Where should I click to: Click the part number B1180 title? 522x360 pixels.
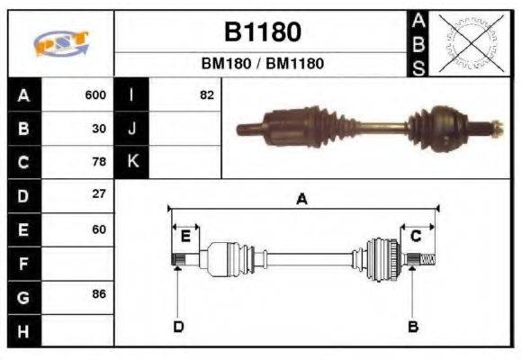tap(262, 32)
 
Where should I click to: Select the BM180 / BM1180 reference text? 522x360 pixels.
tap(262, 64)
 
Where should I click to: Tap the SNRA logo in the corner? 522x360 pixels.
tap(60, 44)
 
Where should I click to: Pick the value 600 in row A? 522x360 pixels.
tap(95, 94)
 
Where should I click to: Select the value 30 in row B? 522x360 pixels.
tap(99, 128)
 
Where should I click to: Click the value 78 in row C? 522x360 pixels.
tap(99, 162)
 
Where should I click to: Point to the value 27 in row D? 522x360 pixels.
tap(99, 194)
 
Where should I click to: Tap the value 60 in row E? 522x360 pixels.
tap(99, 229)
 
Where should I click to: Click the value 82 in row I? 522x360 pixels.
tap(207, 94)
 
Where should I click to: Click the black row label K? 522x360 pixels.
tap(131, 162)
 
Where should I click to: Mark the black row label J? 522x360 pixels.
tap(131, 128)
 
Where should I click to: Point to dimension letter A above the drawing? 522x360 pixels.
tap(301, 200)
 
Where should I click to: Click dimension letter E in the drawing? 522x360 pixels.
tap(185, 237)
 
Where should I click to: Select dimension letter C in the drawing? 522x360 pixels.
tap(416, 237)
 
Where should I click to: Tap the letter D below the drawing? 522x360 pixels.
tap(178, 326)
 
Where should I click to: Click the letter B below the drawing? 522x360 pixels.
tap(413, 326)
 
